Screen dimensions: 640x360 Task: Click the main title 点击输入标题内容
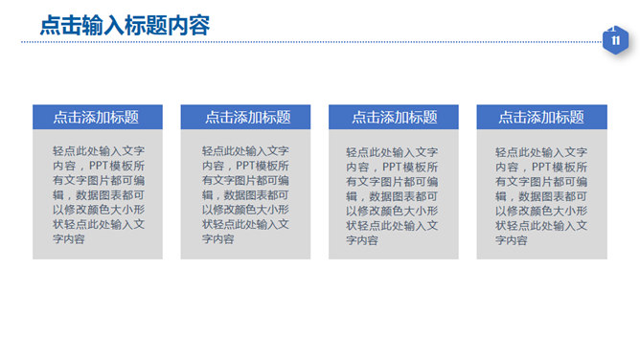[x=125, y=25]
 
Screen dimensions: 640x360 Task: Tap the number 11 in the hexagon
[x=615, y=40]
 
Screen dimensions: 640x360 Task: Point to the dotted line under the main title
[x=311, y=41]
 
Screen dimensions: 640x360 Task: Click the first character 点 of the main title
[x=50, y=25]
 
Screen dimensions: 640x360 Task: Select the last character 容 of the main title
[x=199, y=25]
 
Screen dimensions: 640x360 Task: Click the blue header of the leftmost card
[x=98, y=117]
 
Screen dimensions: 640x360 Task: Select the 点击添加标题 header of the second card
[x=248, y=118]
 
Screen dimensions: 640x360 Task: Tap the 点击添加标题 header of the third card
[x=395, y=118]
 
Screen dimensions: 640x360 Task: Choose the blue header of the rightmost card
[x=541, y=117]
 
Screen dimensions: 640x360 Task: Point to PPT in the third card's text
[x=392, y=167]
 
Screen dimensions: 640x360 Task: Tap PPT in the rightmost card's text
[x=541, y=167]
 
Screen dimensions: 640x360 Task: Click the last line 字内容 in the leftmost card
[x=69, y=239]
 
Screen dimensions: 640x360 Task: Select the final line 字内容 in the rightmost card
[x=512, y=240]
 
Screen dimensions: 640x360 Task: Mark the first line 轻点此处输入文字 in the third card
[x=392, y=152]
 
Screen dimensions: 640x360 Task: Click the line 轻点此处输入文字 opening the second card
[x=245, y=151]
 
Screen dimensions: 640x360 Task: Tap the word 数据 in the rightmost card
[x=530, y=196]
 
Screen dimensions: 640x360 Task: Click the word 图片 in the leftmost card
[x=99, y=180]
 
